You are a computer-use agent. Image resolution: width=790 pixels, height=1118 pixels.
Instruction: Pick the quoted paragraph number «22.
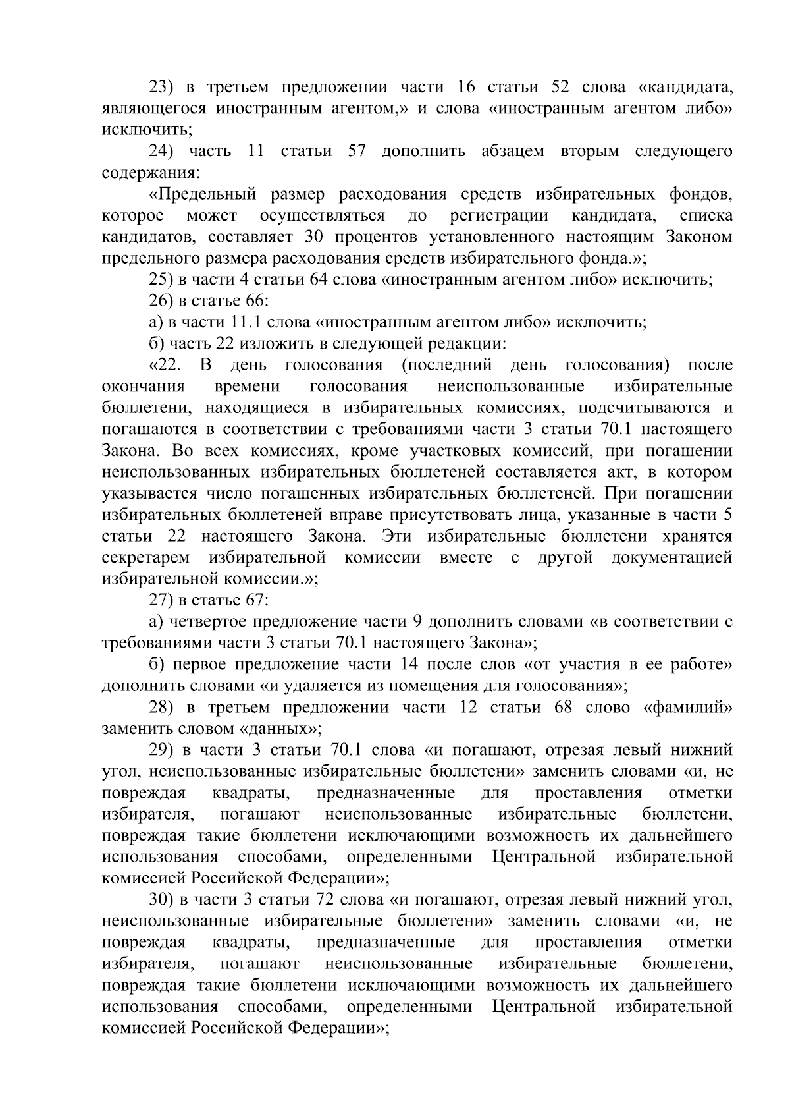[x=165, y=365]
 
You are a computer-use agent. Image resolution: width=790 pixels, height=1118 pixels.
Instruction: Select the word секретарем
[x=146, y=557]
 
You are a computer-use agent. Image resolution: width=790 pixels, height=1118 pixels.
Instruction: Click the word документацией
[x=671, y=557]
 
